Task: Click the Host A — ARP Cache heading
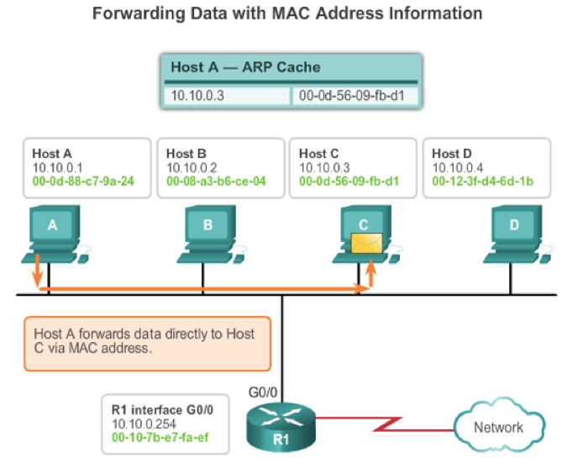pyautogui.click(x=245, y=67)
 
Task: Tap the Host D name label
pyautogui.click(x=446, y=154)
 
